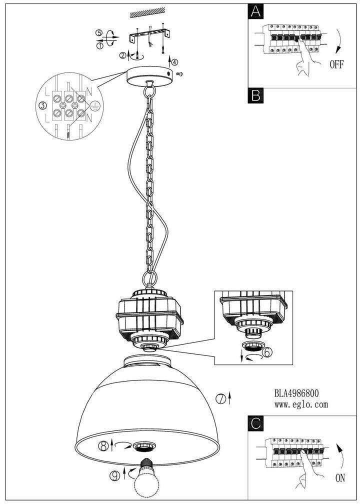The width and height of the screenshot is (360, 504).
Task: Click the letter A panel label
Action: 255,11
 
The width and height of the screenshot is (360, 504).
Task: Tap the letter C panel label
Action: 255,423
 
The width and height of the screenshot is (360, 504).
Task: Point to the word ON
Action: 340,478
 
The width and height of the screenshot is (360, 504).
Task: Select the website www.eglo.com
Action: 301,404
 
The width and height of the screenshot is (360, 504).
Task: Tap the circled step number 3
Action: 43,105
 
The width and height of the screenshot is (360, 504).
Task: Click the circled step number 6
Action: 268,352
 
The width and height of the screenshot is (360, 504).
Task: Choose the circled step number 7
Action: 220,398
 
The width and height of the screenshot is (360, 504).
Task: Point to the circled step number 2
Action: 121,54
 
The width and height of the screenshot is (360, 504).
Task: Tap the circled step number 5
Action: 99,33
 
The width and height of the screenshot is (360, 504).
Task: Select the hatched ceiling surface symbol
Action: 148,15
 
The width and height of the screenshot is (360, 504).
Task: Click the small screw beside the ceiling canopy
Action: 180,74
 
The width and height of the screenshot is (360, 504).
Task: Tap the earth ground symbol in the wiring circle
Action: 93,105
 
